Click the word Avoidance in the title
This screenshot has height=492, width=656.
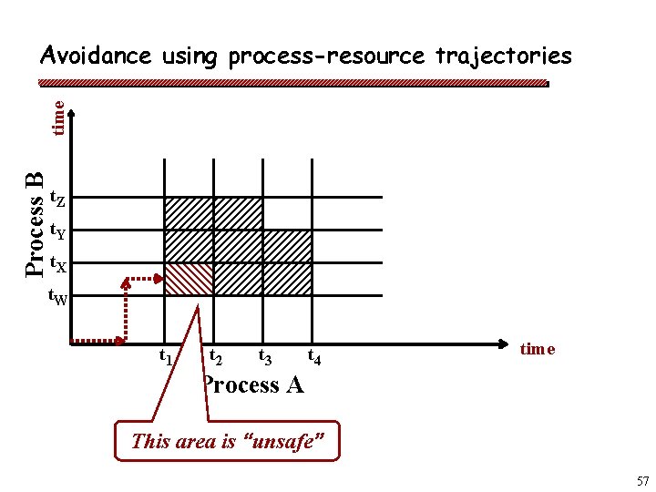96,56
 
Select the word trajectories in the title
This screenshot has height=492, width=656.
503,56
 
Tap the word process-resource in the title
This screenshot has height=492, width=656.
326,56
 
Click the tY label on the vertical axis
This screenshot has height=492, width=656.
56,231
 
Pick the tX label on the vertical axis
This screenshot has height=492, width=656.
56,265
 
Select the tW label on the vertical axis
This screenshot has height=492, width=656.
56,297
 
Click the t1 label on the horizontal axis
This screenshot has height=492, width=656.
167,356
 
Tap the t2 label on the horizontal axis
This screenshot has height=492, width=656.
217,356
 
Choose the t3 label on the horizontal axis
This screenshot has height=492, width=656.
266,356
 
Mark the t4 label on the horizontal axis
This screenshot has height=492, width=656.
313,356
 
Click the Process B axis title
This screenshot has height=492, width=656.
34,223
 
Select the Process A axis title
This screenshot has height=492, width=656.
253,384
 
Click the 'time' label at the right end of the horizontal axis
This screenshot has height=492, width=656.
538,349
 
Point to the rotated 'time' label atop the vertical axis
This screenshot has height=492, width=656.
58,118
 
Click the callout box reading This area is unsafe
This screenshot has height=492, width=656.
227,442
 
